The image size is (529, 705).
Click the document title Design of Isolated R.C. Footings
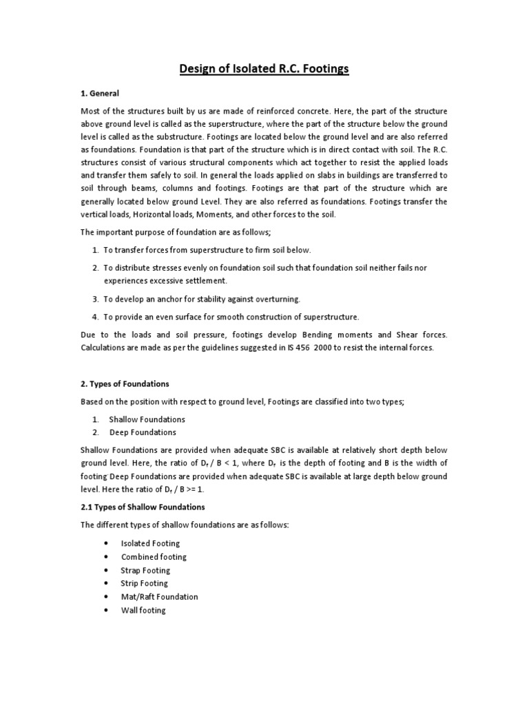[264, 70]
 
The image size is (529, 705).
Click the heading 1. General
[101, 93]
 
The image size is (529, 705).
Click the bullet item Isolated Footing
[150, 544]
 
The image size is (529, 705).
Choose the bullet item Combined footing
[154, 557]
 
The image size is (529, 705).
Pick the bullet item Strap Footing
[145, 571]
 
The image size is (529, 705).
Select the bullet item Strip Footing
[144, 584]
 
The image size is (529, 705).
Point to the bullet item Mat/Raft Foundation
[159, 597]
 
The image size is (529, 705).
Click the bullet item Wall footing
[143, 611]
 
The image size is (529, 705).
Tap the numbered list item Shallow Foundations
[147, 419]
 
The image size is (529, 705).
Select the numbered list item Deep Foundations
[143, 432]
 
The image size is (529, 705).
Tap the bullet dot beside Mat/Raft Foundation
[106, 597]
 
